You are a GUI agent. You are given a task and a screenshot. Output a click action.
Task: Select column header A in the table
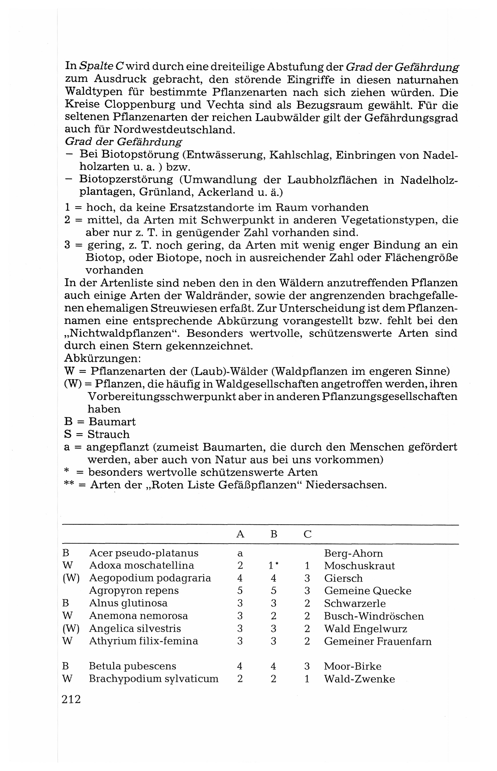pyautogui.click(x=240, y=535)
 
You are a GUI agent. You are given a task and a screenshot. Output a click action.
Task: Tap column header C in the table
pyautogui.click(x=307, y=535)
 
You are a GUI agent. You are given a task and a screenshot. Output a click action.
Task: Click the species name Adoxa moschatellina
pyautogui.click(x=141, y=565)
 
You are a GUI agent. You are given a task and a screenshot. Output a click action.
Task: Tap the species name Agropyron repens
pyautogui.click(x=134, y=591)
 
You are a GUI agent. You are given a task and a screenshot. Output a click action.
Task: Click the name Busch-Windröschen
pyautogui.click(x=374, y=616)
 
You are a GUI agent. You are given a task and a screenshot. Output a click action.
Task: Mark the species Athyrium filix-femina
pyautogui.click(x=143, y=641)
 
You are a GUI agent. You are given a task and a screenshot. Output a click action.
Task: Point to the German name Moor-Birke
pyautogui.click(x=352, y=666)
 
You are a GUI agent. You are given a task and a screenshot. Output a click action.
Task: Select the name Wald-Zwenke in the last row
pyautogui.click(x=359, y=679)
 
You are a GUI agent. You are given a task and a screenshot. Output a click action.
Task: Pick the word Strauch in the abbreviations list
pyautogui.click(x=109, y=435)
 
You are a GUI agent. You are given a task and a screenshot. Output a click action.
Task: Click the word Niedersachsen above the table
pyautogui.click(x=346, y=485)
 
